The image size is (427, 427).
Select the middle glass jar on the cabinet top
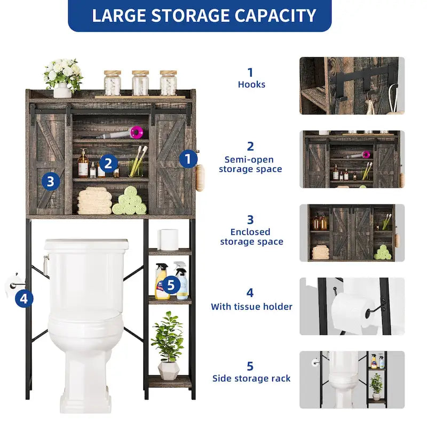(x=140, y=83)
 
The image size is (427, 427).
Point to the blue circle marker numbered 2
(x=108, y=163)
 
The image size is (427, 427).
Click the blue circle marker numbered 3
(x=50, y=181)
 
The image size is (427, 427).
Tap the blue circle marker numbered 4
(x=23, y=298)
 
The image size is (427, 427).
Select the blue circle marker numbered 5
(x=170, y=285)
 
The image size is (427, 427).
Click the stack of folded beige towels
(x=94, y=201)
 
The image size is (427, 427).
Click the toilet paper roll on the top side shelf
(x=169, y=239)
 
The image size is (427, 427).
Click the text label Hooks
(x=251, y=84)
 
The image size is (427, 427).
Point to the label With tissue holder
(x=251, y=306)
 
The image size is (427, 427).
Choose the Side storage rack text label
(x=251, y=378)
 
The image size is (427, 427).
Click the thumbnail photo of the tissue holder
(x=352, y=306)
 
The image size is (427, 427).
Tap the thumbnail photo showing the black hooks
(x=352, y=85)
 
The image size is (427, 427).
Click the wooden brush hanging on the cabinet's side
(x=200, y=177)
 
